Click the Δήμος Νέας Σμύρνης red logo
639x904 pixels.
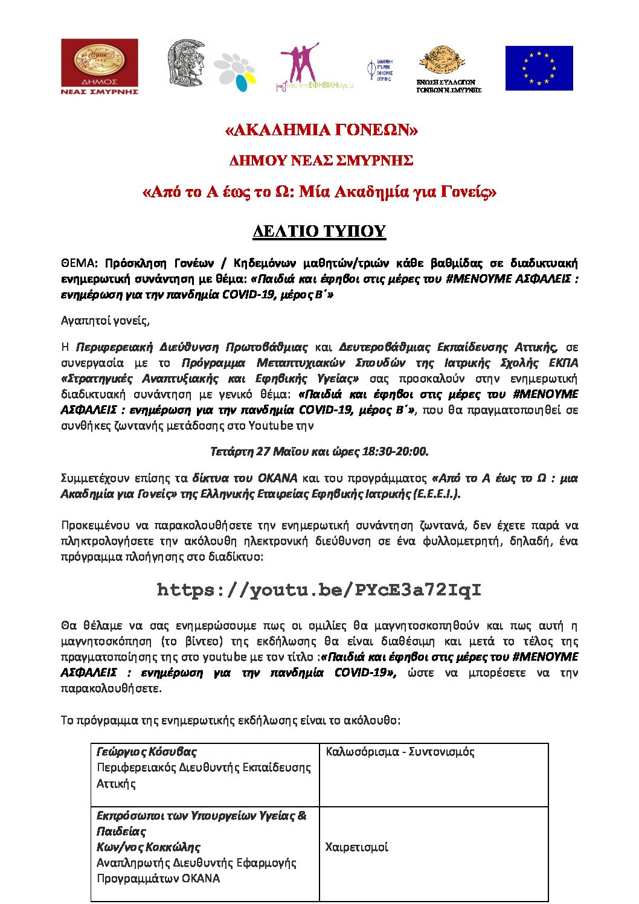(100, 66)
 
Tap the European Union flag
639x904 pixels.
(539, 68)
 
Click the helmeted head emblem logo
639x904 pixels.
(185, 63)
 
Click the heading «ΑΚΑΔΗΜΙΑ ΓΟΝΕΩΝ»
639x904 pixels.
(321, 130)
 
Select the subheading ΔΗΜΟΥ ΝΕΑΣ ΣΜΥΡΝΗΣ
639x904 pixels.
(321, 161)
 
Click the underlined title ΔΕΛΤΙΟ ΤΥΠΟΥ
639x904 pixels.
(319, 231)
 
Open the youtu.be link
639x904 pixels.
(319, 590)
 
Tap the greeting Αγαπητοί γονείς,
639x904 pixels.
(105, 321)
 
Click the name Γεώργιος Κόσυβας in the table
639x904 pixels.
(147, 752)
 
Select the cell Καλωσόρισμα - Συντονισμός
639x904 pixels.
(400, 752)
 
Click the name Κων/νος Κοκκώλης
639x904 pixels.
(149, 847)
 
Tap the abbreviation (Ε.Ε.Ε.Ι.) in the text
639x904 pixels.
(437, 494)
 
